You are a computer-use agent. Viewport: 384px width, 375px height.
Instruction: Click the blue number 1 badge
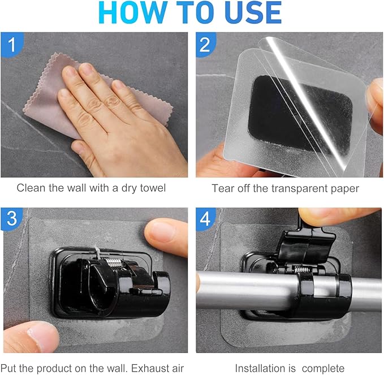12,45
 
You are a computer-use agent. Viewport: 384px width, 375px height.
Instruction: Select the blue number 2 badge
205,45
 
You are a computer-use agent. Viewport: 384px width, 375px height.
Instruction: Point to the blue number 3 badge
11,219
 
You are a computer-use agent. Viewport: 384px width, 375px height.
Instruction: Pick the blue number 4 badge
205,219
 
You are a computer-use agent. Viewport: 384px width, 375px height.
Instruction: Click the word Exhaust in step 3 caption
147,368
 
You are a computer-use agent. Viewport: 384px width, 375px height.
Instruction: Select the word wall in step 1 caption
76,188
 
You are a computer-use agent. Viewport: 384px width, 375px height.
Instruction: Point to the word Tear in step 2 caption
222,188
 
